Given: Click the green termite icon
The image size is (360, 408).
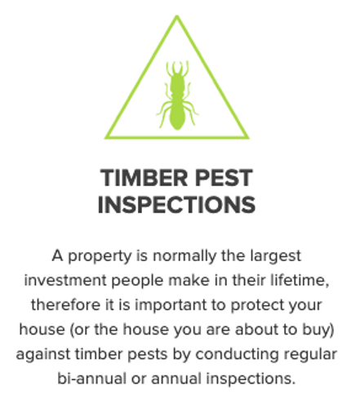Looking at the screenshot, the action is coord(177,95).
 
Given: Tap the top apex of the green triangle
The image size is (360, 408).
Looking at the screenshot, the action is coord(177,16).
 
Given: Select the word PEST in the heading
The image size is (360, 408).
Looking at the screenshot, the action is coord(224,178).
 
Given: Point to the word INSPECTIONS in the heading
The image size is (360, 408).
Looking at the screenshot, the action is coord(176,205).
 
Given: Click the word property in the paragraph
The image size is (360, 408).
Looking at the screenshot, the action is coord(100,257).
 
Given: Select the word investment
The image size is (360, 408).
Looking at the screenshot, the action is coord(65,281).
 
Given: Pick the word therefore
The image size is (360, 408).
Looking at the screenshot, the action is coord(65,304).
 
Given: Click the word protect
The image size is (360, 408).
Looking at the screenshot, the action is coord(257,305).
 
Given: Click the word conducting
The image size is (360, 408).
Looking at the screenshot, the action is coord(237,355).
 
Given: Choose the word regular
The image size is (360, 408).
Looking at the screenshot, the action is coord(310,355).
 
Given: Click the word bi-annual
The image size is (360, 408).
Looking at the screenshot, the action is coord(92,379).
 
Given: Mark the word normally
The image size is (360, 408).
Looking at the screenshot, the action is coord(184,257).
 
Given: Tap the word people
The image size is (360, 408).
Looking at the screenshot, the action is coord(137,282).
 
